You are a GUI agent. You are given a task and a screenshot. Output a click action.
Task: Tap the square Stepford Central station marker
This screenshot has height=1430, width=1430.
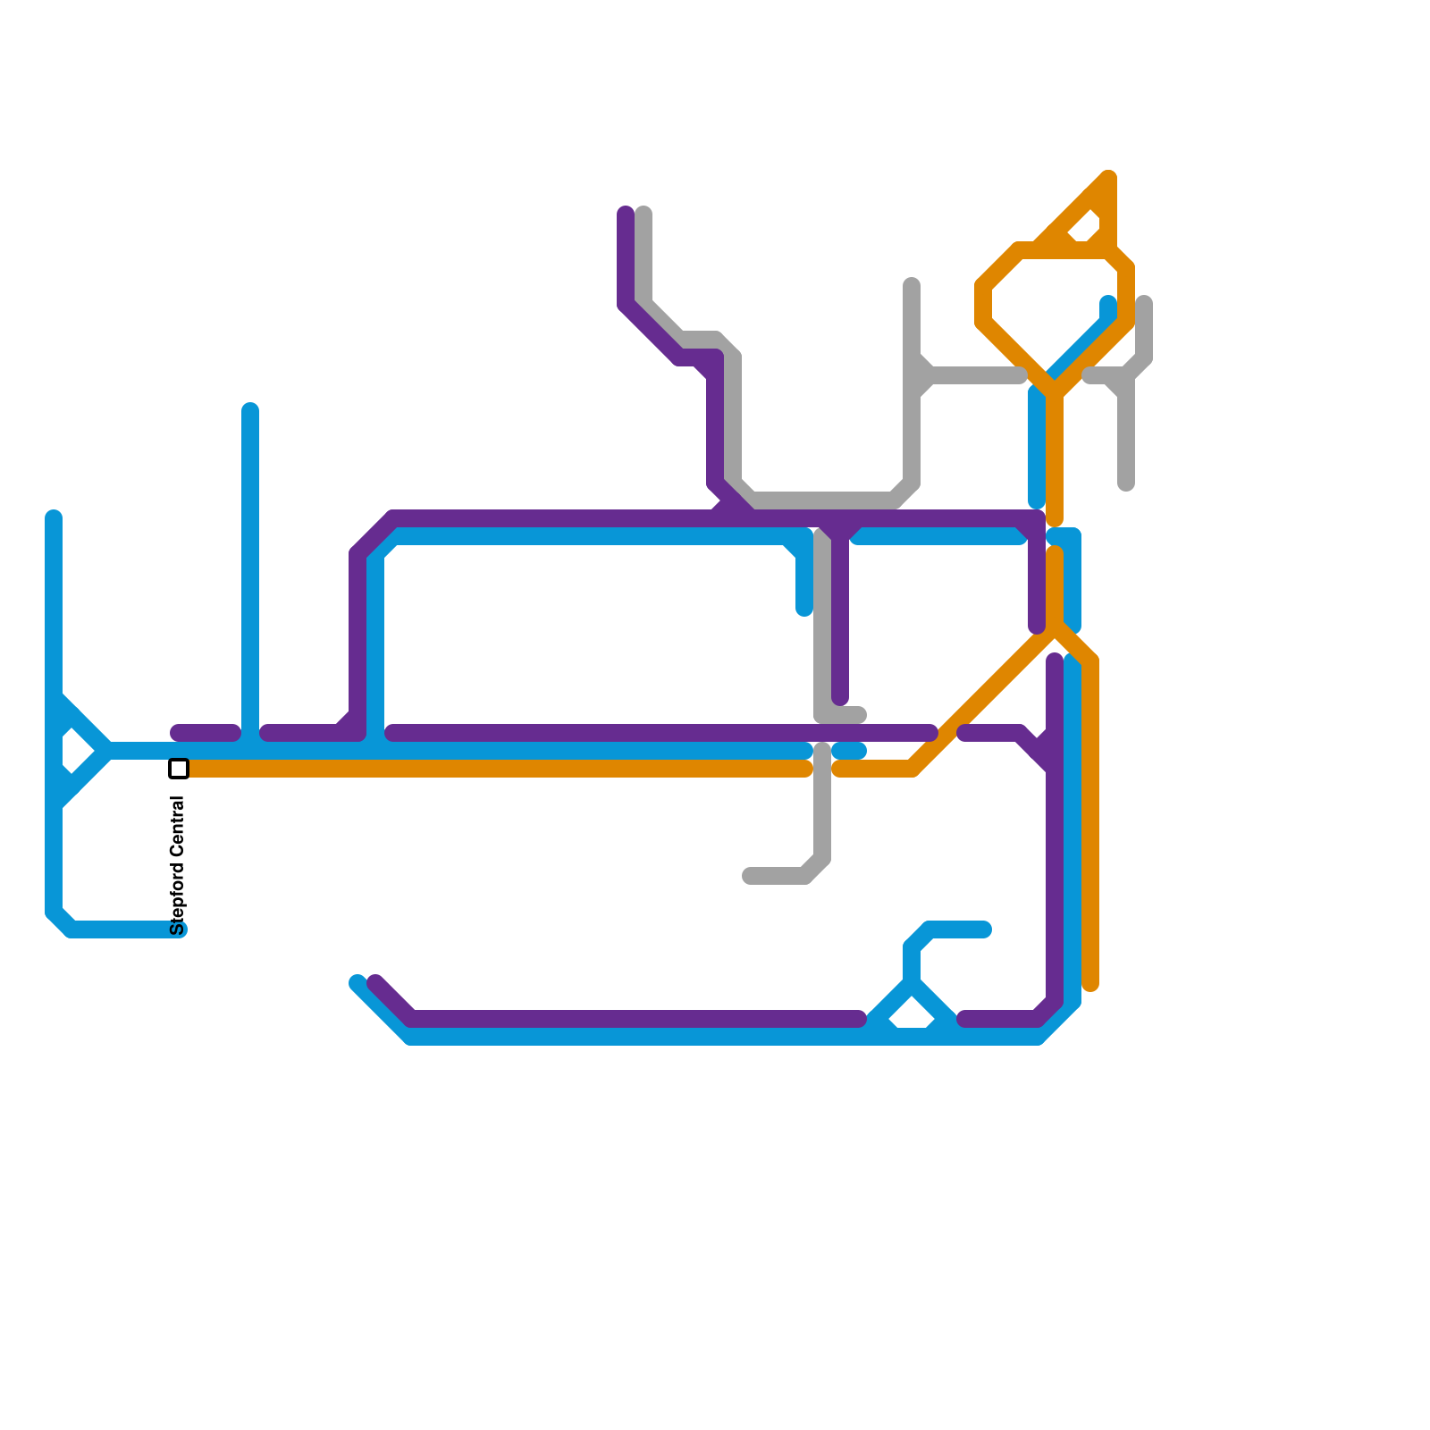(x=179, y=769)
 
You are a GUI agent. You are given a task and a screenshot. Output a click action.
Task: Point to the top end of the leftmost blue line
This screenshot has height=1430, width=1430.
(x=54, y=517)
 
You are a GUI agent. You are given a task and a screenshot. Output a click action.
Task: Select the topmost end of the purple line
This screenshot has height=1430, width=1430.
(x=626, y=213)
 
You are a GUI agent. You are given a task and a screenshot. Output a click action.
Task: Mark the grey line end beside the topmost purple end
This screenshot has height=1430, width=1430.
(x=643, y=213)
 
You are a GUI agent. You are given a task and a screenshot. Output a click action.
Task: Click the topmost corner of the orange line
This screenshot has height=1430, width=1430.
(x=1108, y=176)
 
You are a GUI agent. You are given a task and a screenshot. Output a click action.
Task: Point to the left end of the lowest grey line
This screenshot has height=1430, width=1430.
(x=749, y=876)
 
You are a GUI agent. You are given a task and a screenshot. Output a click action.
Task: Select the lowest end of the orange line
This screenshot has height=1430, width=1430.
(x=1090, y=985)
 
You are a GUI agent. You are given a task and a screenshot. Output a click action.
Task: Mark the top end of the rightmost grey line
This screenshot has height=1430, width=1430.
(x=1144, y=304)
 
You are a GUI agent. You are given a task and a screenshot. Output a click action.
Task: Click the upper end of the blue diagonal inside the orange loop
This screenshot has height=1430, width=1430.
(x=1108, y=304)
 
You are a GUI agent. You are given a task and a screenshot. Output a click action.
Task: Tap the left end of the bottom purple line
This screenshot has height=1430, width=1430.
(x=375, y=982)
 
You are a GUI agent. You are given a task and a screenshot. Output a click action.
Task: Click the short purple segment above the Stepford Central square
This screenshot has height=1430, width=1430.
(x=206, y=733)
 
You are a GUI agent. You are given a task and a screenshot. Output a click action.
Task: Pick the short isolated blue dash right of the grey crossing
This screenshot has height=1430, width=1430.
(x=849, y=751)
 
